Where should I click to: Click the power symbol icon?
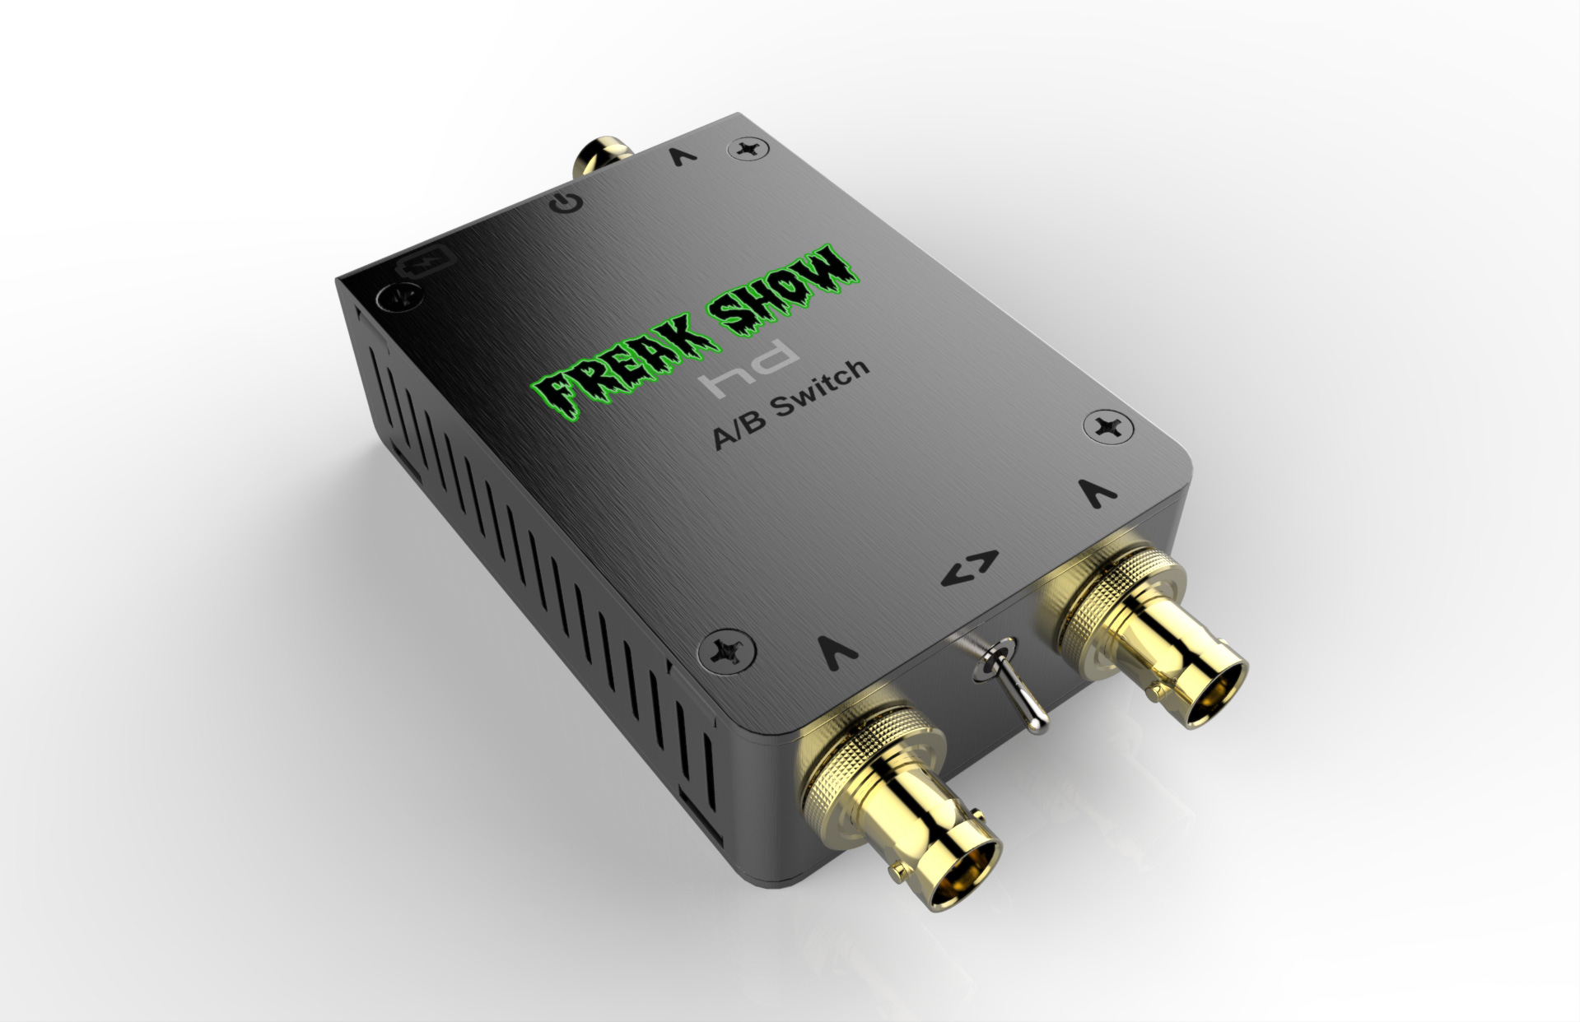pyautogui.click(x=568, y=202)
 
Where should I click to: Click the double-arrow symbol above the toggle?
pyautogui.click(x=972, y=567)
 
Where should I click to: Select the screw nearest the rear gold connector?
pyautogui.click(x=748, y=150)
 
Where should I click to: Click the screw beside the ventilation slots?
pyautogui.click(x=726, y=650)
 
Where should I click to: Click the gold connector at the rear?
pyautogui.click(x=599, y=155)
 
